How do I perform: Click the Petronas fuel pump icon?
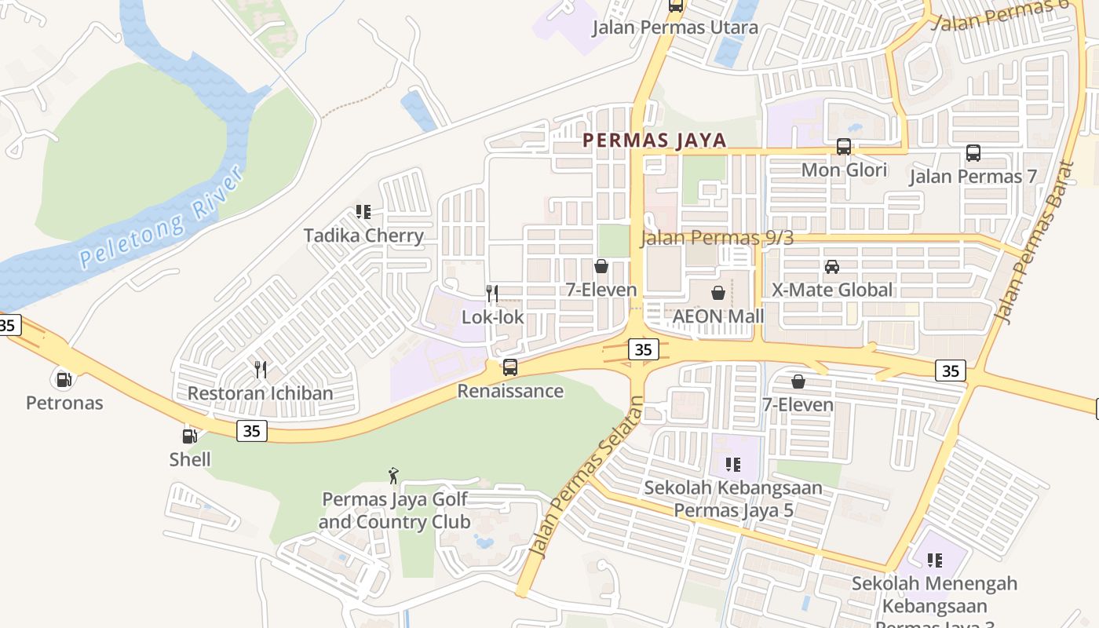pos(64,379)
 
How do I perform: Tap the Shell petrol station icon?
pos(189,436)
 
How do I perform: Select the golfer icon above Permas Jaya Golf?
pos(393,476)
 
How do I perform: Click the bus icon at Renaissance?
pos(510,367)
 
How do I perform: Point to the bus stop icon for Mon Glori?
pos(844,147)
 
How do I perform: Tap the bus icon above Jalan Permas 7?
pos(973,153)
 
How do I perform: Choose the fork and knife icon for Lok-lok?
pos(492,294)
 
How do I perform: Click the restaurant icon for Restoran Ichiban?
pos(261,370)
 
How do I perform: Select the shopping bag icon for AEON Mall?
pos(717,294)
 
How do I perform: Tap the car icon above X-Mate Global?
pos(832,267)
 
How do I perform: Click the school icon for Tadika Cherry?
pos(363,212)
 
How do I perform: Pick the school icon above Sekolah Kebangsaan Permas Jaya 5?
pos(733,465)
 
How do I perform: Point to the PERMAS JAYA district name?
pos(654,141)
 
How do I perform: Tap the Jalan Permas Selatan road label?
pos(584,479)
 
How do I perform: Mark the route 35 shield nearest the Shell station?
pos(252,430)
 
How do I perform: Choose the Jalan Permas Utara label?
pos(675,27)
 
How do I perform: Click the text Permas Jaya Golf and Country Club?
pos(394,510)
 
